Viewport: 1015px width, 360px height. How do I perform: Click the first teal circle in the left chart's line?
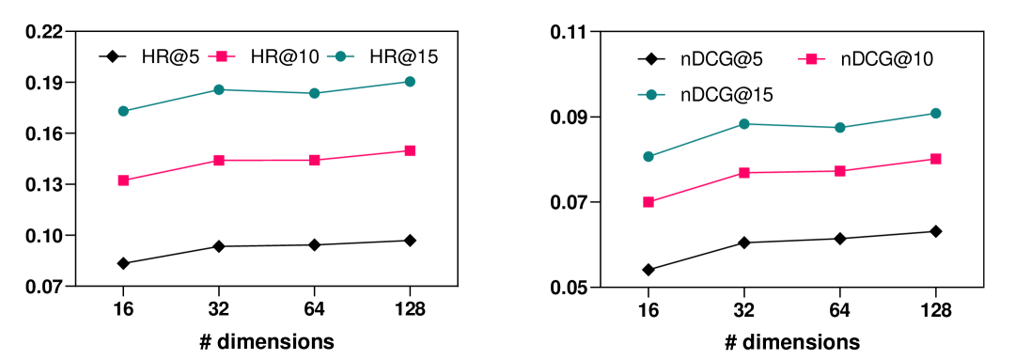tap(123, 111)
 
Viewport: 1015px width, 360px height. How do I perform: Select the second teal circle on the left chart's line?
tap(219, 89)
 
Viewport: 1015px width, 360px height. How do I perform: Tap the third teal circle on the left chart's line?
tap(314, 93)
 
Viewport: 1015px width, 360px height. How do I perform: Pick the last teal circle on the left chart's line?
tap(410, 82)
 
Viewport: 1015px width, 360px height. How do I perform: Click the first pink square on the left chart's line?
tap(123, 180)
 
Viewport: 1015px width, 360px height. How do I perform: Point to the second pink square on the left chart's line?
tap(219, 160)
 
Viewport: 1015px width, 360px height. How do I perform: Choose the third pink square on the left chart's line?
tap(315, 160)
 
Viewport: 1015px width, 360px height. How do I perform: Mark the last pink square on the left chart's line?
tap(410, 150)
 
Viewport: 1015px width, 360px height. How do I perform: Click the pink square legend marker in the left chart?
tap(222, 56)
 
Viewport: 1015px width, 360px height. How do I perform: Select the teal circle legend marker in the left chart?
tap(340, 56)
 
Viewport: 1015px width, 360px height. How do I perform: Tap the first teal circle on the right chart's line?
tap(648, 156)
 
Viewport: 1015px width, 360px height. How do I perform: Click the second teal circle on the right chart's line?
tap(744, 124)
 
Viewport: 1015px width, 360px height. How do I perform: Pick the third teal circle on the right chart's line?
tap(840, 127)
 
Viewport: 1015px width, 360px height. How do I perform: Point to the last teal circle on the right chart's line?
tap(936, 113)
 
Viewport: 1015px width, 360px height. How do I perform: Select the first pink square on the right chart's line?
tap(648, 202)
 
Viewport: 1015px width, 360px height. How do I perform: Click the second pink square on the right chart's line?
tap(744, 173)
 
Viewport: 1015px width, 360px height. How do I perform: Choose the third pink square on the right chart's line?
tap(840, 171)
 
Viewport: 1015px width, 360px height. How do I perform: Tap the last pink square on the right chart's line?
tap(936, 159)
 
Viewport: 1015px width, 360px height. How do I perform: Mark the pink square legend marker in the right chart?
tap(812, 59)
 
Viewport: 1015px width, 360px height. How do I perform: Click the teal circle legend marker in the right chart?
tap(651, 95)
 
